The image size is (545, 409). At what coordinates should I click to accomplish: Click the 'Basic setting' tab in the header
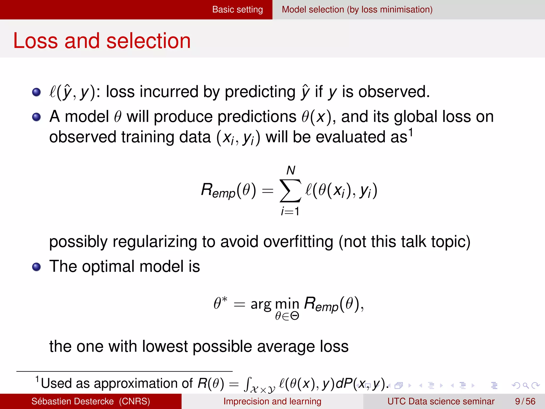[x=237, y=10]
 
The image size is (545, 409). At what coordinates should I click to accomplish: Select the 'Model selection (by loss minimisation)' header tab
[x=357, y=10]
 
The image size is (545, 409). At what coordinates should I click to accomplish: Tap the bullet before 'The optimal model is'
[x=36, y=267]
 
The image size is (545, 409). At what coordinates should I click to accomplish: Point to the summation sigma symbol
[x=290, y=191]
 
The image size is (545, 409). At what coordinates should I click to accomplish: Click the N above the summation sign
[x=291, y=170]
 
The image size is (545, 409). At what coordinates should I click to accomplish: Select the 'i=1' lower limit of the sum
[x=290, y=211]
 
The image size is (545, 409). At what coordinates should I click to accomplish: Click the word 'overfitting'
[x=298, y=242]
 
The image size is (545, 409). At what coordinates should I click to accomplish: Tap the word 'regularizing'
[x=155, y=242]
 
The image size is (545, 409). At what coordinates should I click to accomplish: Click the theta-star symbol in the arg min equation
[x=220, y=303]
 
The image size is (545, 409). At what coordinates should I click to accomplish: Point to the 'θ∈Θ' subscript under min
[x=287, y=316]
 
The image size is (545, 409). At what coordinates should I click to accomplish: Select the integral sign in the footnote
[x=247, y=384]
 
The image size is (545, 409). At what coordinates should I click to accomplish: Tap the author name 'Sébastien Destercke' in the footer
[x=72, y=401]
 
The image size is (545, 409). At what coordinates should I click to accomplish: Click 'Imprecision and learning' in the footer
[x=272, y=401]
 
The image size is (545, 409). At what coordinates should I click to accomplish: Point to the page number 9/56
[x=525, y=401]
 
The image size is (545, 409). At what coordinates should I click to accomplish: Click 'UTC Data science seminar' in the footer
[x=441, y=401]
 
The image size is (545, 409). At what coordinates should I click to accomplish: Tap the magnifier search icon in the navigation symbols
[x=525, y=385]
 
